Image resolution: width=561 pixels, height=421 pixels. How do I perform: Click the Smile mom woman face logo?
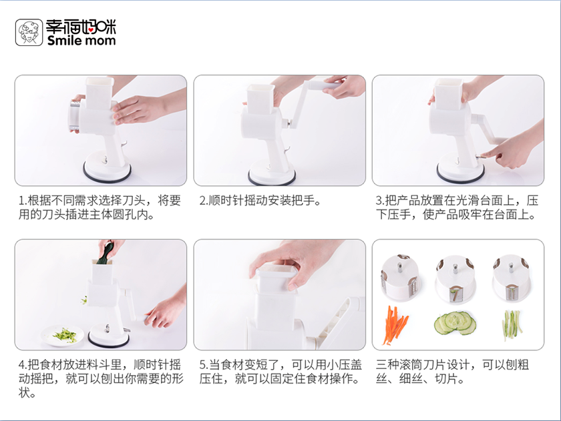pos(29,33)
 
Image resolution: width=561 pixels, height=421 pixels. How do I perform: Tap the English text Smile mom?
pos(81,41)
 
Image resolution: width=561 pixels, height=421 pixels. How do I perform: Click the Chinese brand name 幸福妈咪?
pos(81,27)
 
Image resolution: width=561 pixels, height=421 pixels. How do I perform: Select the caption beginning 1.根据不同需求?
pos(100,207)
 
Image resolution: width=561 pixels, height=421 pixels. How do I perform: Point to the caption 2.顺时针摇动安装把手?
pos(260,201)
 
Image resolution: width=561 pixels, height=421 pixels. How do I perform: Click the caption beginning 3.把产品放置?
pos(457,207)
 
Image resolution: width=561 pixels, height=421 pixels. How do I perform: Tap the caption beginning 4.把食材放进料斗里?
pos(101,378)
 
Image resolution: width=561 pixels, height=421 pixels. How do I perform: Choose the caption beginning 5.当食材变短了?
pos(280,372)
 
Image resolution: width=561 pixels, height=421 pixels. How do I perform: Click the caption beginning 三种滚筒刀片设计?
pos(452,372)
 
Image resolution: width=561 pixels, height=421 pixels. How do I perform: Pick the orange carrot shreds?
pos(395,325)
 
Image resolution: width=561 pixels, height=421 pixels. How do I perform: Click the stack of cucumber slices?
pos(455,323)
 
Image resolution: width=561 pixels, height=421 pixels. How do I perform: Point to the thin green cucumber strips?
pos(512,325)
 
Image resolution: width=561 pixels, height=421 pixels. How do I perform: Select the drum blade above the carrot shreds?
pos(400,276)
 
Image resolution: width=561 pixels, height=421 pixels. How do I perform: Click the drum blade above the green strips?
pos(512,277)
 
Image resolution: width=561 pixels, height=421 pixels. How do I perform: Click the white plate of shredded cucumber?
pos(62,336)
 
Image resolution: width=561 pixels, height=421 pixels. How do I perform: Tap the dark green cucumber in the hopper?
pos(106,253)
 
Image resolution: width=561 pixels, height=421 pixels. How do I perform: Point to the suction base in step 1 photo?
pos(107,167)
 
